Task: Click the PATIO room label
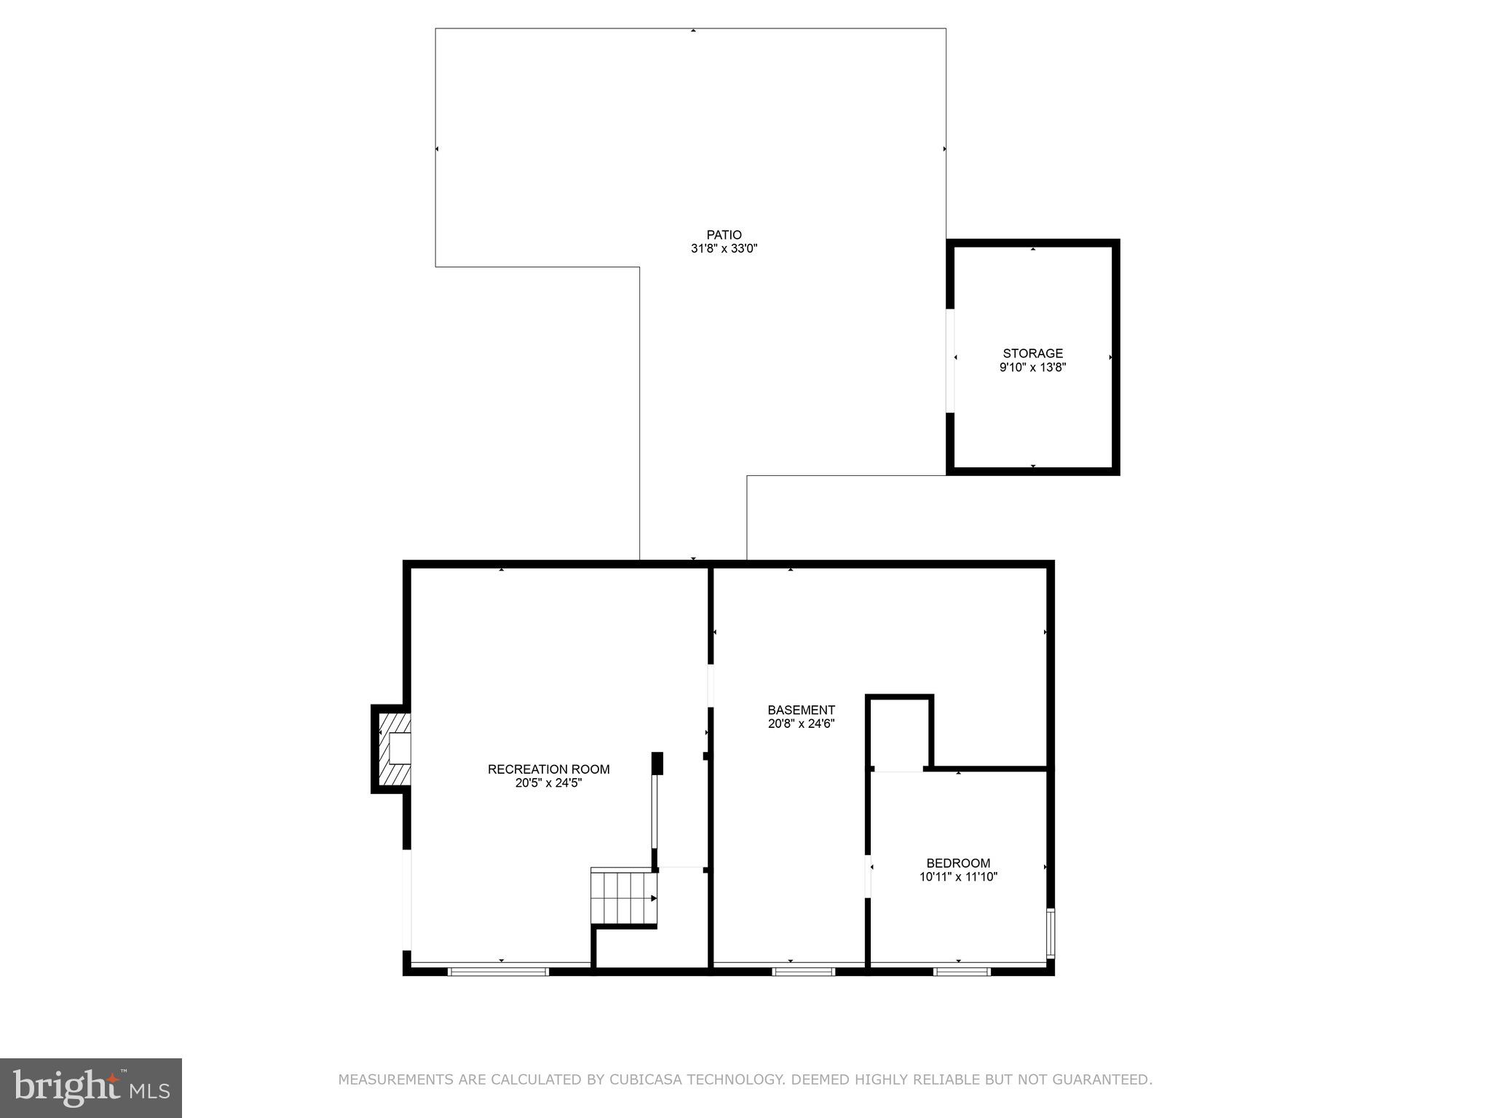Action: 724,234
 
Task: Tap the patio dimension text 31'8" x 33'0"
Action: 724,248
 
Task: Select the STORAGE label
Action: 1032,354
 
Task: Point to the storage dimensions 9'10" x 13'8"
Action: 1032,368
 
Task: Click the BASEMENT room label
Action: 801,710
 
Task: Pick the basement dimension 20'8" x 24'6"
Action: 801,723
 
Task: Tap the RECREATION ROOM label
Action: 548,769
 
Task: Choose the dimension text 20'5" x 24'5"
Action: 548,783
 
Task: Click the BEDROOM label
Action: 958,863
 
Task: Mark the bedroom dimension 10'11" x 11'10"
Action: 958,877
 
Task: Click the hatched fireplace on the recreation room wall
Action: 394,748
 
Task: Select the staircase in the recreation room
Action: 623,897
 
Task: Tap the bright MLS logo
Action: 91,1087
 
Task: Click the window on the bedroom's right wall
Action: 1050,932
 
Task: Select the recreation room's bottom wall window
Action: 498,971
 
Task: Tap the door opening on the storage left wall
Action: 950,360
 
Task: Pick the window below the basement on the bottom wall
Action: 803,971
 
